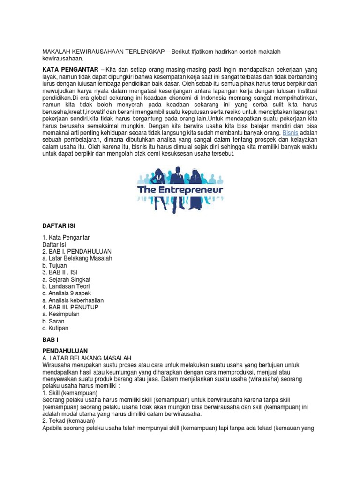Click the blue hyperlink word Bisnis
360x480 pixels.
290,132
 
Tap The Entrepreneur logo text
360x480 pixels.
180,190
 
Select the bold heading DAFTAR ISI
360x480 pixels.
59,226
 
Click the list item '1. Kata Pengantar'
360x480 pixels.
66,237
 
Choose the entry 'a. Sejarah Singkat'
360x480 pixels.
67,279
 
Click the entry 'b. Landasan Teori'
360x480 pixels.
66,286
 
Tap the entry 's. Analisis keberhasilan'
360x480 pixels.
73,300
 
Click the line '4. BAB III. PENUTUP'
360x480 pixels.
71,307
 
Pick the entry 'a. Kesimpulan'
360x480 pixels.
61,314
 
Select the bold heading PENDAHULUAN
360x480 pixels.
65,351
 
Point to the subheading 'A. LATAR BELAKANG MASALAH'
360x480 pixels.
87,358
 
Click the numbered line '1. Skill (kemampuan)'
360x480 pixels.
70,392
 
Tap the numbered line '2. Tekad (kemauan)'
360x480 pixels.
68,420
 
